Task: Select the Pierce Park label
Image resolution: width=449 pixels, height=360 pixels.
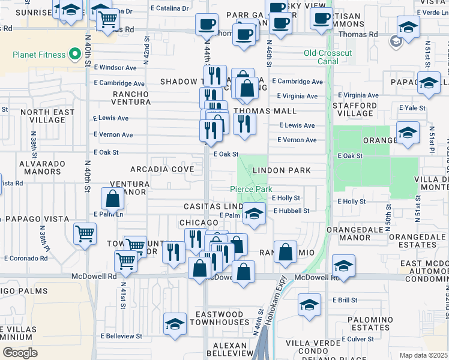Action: (251, 189)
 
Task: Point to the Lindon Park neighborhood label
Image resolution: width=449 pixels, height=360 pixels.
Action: (282, 170)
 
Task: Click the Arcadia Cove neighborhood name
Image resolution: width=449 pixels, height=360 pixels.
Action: (166, 170)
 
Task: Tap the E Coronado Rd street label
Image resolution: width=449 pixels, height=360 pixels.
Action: (26, 259)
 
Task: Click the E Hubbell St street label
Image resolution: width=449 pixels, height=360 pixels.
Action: (292, 211)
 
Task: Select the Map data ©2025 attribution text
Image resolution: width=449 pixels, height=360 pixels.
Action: (423, 355)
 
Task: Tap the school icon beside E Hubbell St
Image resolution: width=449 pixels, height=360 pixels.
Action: (254, 214)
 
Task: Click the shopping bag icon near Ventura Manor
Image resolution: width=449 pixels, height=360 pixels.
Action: (113, 199)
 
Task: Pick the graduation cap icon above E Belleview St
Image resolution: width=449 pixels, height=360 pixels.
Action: (175, 325)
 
